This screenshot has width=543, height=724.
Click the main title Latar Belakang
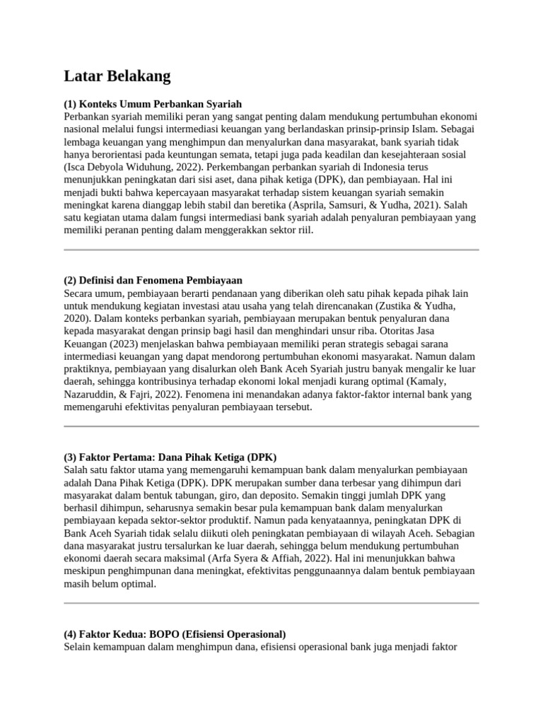pyautogui.click(x=117, y=76)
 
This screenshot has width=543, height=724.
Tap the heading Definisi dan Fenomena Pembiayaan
pyautogui.click(x=153, y=280)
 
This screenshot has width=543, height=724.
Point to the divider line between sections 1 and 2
pyautogui.click(x=271, y=250)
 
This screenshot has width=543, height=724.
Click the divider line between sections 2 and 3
pyautogui.click(x=271, y=426)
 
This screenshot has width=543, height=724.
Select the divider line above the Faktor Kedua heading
pyautogui.click(x=271, y=603)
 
